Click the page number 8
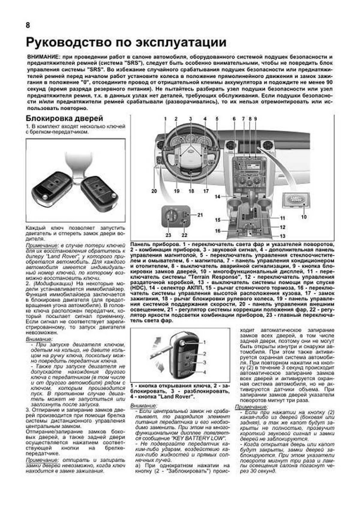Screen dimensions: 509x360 pyautogui.click(x=28, y=25)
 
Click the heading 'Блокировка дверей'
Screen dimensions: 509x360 pyautogui.click(x=64, y=118)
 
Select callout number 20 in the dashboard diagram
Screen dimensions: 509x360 pyautogui.click(x=154, y=191)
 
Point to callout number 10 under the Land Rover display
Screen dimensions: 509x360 pyautogui.click(x=304, y=217)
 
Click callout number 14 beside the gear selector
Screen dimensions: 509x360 pyautogui.click(x=217, y=197)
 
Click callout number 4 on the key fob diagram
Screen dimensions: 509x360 pyautogui.click(x=205, y=372)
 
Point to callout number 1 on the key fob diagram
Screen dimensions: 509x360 pyautogui.click(x=205, y=342)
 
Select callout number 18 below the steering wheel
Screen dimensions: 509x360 pyautogui.click(x=191, y=191)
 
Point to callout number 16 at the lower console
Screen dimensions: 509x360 pyautogui.click(x=218, y=231)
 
